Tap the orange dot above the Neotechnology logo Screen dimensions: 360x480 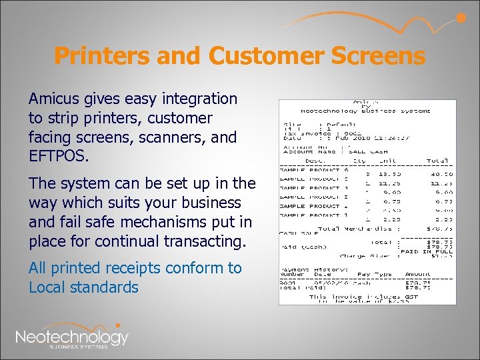point(118,325)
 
